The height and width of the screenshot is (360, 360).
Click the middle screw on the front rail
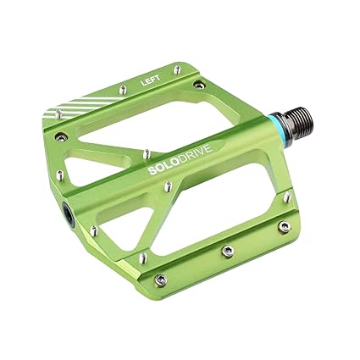tap(227, 250)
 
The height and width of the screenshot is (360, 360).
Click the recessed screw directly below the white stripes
tap(59, 135)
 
